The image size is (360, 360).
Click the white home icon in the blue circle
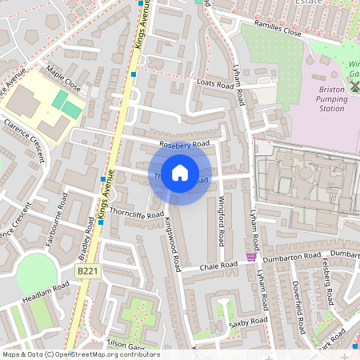pos(180,173)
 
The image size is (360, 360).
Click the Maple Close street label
pos(63,76)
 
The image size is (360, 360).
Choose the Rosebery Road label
pos(184,144)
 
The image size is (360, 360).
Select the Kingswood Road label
pos(174,245)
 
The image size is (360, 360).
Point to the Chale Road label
pos(220,266)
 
